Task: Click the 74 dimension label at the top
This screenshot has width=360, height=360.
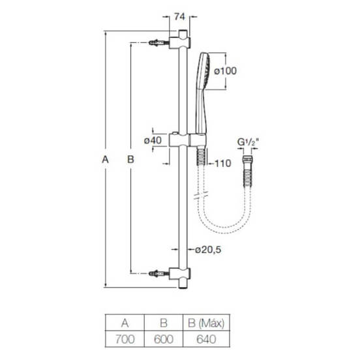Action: [179, 17]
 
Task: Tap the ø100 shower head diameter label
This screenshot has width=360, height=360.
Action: [225, 71]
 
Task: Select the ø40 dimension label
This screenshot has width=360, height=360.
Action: [153, 140]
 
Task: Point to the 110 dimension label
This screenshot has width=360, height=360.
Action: [223, 164]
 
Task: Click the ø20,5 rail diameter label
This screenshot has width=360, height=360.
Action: [208, 250]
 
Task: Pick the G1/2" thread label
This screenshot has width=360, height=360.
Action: [248, 142]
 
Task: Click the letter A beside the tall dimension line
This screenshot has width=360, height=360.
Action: [105, 159]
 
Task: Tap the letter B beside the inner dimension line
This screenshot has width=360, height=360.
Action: [130, 159]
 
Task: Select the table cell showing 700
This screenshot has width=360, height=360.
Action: [125, 339]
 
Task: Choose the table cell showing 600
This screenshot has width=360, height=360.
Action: [164, 339]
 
